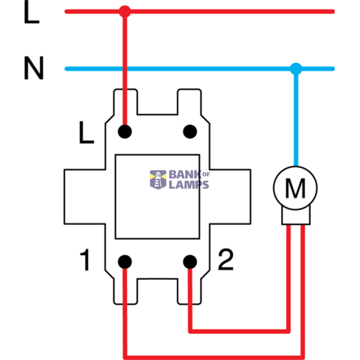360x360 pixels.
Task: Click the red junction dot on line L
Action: [125, 11]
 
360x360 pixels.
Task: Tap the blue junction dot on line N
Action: [296, 68]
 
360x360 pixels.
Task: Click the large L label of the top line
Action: [31, 12]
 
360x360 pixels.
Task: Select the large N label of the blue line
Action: [34, 68]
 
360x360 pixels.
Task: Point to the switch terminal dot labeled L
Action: [125, 131]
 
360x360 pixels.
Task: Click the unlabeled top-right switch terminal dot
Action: [190, 131]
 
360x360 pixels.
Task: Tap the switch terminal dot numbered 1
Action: [125, 262]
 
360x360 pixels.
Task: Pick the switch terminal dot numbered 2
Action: [190, 262]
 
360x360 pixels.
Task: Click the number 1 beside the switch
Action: [85, 260]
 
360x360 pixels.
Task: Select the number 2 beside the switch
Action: [226, 259]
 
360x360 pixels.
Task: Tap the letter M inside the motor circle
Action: [295, 188]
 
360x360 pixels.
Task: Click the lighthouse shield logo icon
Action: [158, 179]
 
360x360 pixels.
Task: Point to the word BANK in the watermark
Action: [185, 175]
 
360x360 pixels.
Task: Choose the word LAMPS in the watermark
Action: [189, 185]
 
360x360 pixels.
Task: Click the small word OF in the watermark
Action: [206, 175]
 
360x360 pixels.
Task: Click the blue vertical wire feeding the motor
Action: [296, 117]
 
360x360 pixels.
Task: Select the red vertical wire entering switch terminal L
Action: [125, 71]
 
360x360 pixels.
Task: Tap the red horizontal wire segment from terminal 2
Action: [239, 331]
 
